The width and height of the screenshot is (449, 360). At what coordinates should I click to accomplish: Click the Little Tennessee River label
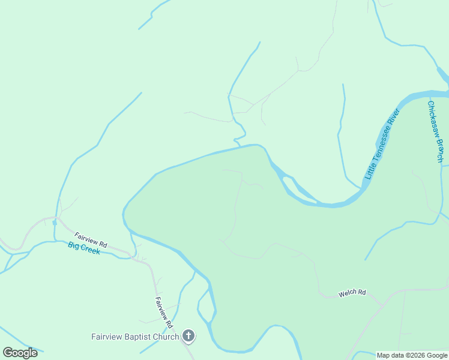[382, 145]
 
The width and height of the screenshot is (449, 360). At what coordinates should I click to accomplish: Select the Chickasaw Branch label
[435, 131]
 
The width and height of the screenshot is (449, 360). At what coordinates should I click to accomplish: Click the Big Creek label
[83, 248]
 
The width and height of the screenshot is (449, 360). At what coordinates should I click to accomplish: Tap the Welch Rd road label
[352, 293]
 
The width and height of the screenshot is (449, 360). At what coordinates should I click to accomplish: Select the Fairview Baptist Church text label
[135, 337]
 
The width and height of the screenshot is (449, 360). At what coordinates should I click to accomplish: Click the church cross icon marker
[188, 335]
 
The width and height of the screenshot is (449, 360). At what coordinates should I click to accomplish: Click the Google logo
[20, 353]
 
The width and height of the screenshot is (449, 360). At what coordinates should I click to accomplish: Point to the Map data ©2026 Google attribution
[412, 355]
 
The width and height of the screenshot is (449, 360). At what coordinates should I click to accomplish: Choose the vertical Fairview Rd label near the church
[164, 312]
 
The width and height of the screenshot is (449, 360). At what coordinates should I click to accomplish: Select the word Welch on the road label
[347, 293]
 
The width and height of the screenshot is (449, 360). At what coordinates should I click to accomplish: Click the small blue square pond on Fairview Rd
[55, 222]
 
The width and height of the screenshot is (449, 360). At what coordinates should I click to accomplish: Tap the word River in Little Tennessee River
[394, 119]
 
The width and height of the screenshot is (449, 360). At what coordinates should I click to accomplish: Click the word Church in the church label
[168, 337]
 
